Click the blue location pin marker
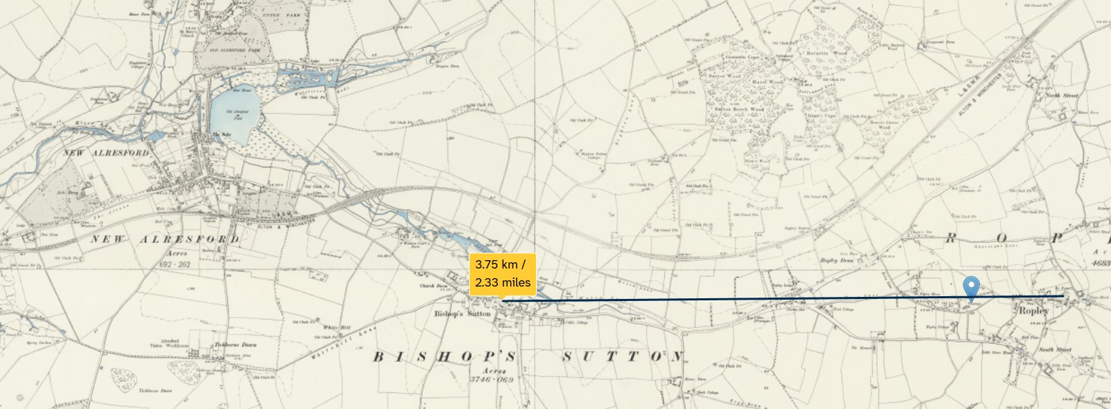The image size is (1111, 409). (x=972, y=287)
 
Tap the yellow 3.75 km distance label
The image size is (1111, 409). (x=503, y=273)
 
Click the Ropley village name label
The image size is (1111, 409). (x=1033, y=311)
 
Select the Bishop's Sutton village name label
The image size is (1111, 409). (x=462, y=314)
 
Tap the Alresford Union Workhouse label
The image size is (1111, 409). (x=166, y=344)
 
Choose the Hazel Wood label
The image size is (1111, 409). (x=767, y=82)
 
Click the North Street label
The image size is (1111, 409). (x=1062, y=96)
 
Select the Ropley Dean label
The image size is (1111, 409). (x=837, y=261)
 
